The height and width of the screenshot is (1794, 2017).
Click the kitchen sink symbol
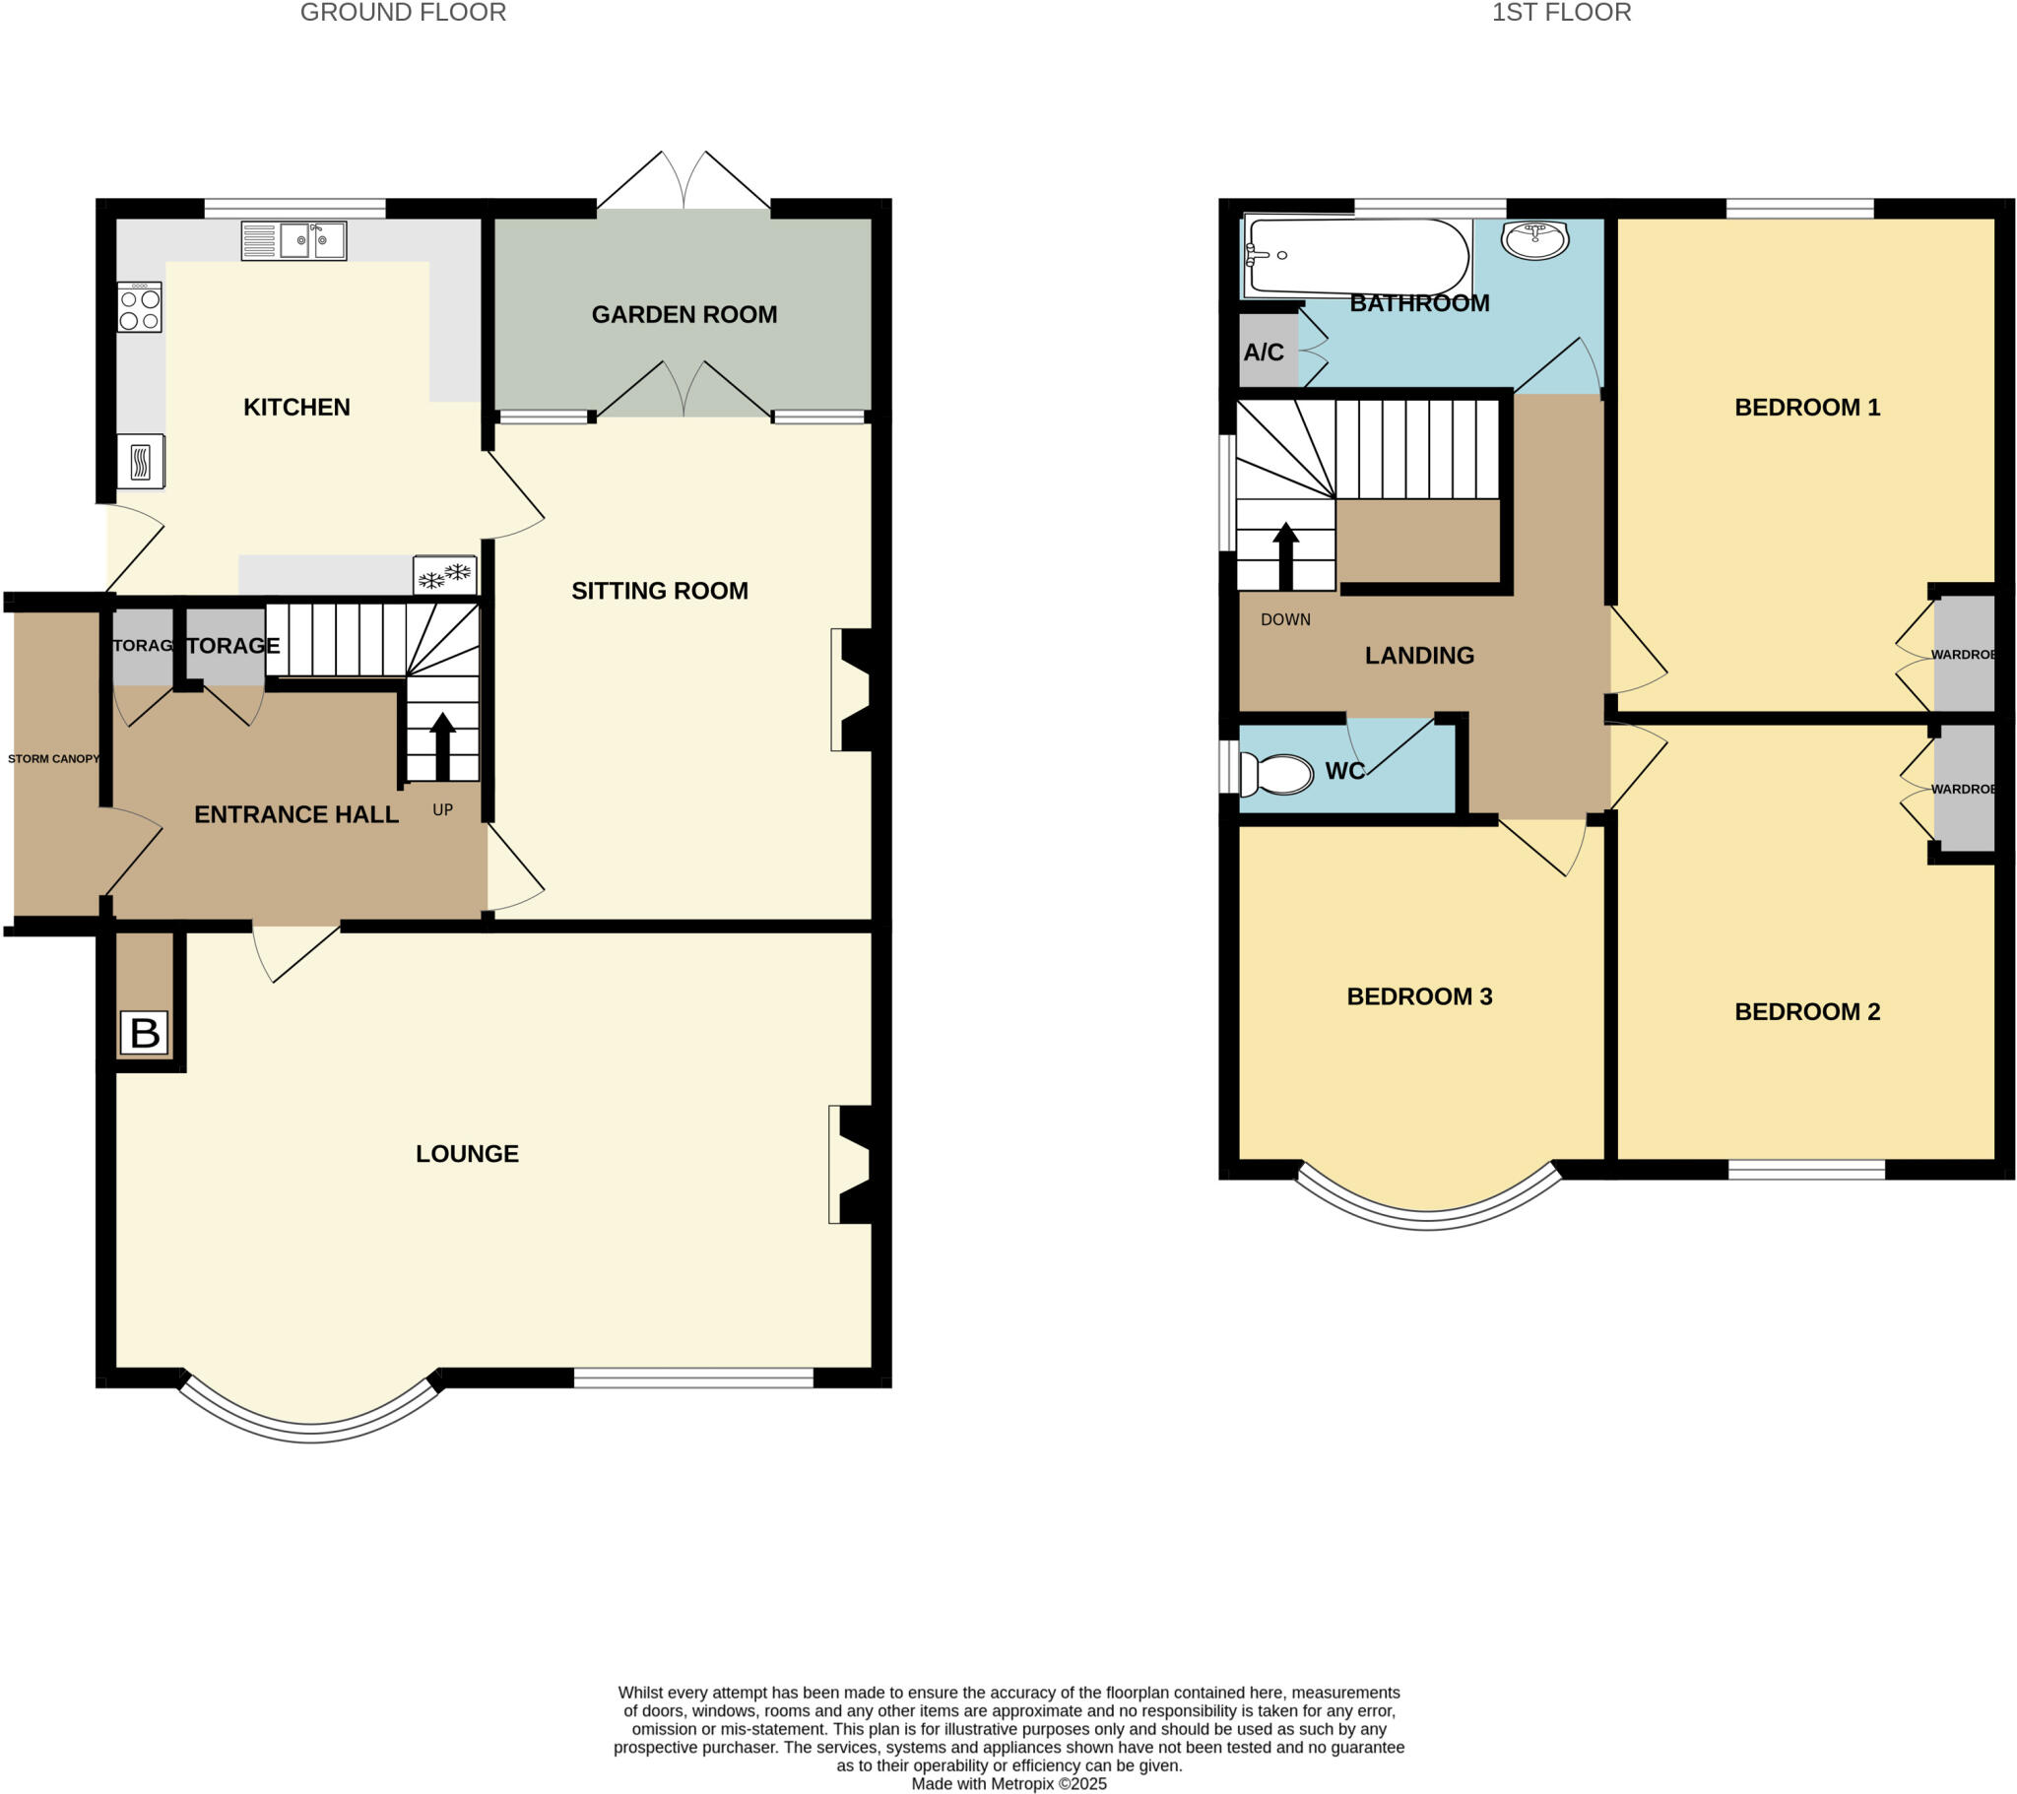tap(294, 241)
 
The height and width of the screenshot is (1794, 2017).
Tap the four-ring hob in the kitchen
tap(139, 307)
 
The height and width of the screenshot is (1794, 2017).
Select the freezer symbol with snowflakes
tap(445, 574)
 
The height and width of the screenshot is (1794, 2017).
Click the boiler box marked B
tap(144, 1033)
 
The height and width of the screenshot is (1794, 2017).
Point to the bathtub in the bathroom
tap(1359, 257)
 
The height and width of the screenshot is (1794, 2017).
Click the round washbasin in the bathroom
tap(1534, 239)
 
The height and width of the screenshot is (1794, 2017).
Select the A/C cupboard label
tap(1264, 352)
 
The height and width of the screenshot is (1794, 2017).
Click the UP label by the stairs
tap(442, 809)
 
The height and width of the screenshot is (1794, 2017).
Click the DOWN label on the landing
tap(1285, 619)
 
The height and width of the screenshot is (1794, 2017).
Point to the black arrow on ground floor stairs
tap(443, 745)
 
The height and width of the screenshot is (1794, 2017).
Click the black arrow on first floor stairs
tap(1285, 554)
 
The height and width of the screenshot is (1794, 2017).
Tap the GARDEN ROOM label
tap(683, 315)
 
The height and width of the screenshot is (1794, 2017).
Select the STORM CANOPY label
tap(53, 759)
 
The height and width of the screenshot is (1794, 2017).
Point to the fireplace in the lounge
tap(853, 1165)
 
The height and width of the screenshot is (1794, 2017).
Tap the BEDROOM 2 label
tap(1806, 1011)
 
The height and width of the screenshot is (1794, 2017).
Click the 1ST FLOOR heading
tap(1560, 13)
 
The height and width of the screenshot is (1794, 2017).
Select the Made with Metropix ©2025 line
tap(1008, 1783)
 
